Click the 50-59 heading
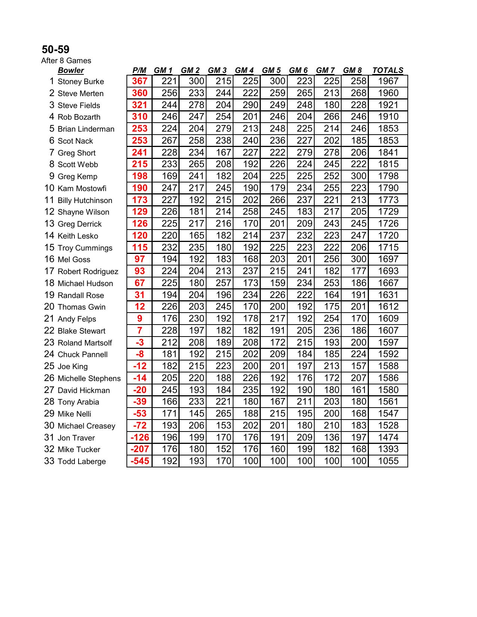(x=55, y=49)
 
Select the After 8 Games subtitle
(x=66, y=61)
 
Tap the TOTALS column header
(x=388, y=70)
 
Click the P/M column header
(x=139, y=70)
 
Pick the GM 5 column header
(x=271, y=70)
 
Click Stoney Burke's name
(x=80, y=82)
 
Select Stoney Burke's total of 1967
(x=388, y=81)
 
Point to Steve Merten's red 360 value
(x=140, y=93)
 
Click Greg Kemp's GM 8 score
(x=358, y=176)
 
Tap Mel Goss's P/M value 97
(x=140, y=259)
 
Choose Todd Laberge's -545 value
(x=140, y=461)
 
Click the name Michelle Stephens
(x=89, y=378)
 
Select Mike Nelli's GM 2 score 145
(x=196, y=414)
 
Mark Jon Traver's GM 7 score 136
(x=331, y=437)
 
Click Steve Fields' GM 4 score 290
(x=250, y=105)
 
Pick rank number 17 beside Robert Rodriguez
(x=49, y=271)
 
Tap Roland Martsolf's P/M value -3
(x=140, y=343)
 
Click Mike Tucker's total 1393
(x=388, y=449)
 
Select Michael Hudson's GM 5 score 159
(x=277, y=283)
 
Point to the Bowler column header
(x=71, y=70)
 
